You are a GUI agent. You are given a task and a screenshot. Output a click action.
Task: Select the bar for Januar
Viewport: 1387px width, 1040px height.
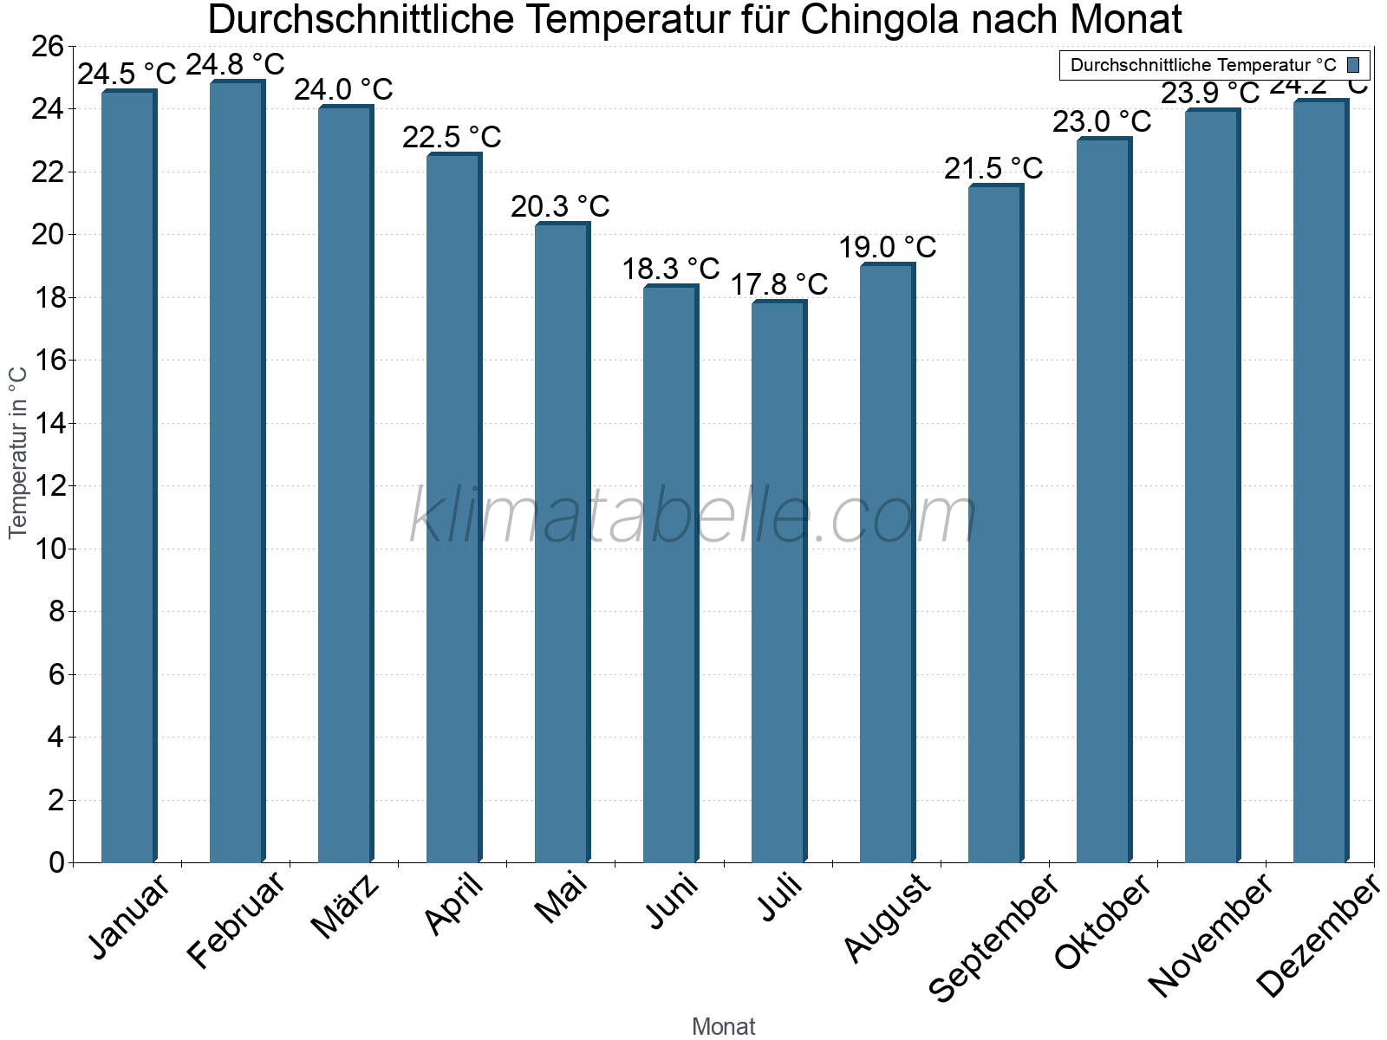point(128,477)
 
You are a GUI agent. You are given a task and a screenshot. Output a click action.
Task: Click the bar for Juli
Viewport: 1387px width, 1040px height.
point(778,581)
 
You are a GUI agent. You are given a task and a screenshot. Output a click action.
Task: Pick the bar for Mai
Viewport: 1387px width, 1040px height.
point(562,543)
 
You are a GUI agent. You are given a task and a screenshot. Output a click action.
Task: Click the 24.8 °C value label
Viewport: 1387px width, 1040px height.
point(236,65)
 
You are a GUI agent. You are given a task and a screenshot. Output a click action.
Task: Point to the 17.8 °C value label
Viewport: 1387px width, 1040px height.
point(779,284)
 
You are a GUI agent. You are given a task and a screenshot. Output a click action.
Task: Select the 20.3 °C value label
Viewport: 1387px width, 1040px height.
point(560,207)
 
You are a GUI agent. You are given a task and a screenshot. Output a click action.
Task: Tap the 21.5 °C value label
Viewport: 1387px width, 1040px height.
point(993,169)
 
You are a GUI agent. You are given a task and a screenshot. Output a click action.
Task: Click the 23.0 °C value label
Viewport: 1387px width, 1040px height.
point(1102,122)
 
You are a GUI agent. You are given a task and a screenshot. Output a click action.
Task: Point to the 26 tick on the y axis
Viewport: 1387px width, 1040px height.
point(48,46)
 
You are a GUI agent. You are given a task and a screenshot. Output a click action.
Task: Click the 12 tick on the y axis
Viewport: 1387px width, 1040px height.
point(48,486)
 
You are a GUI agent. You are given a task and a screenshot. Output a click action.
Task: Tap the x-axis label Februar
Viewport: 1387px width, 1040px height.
point(236,919)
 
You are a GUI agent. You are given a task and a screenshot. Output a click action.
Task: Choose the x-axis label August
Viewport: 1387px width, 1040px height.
point(887,917)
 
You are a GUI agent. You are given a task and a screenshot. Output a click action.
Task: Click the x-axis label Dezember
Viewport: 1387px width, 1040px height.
point(1318,936)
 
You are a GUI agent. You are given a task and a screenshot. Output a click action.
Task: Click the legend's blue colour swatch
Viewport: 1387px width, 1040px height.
point(1353,65)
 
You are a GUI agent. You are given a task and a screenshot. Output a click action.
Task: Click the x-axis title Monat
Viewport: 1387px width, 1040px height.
point(724,1027)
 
